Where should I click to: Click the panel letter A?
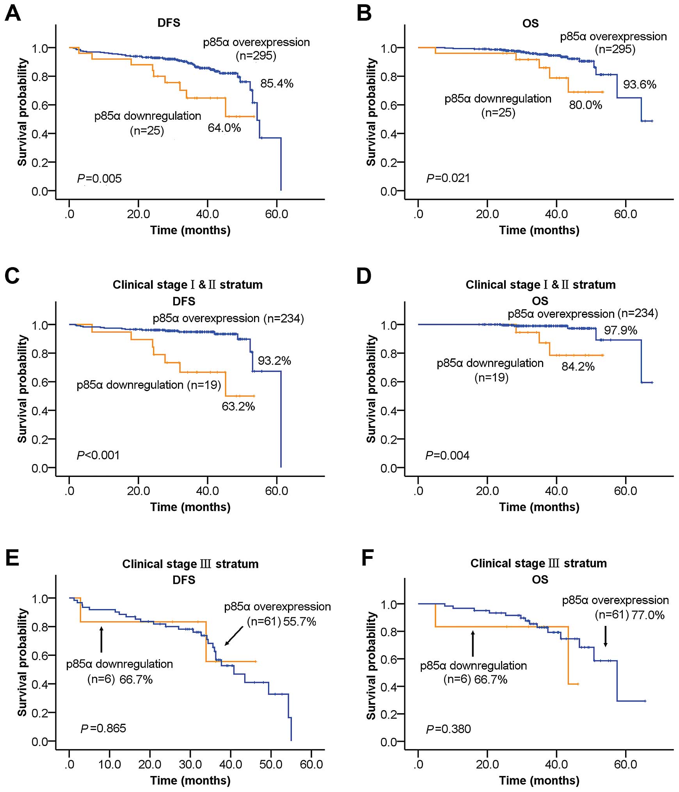(x=12, y=14)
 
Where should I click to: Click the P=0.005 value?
(x=99, y=179)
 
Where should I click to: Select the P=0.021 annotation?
(x=448, y=178)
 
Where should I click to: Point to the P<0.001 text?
(x=98, y=455)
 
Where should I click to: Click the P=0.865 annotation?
(x=103, y=728)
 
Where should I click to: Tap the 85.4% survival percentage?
(x=277, y=83)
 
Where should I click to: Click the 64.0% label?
(x=224, y=128)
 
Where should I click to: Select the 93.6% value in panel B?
(x=640, y=84)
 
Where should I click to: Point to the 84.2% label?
(x=578, y=367)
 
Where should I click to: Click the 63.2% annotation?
(x=238, y=406)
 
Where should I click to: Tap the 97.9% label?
(x=620, y=330)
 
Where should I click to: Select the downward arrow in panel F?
(x=605, y=636)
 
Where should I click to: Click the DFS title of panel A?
(x=169, y=23)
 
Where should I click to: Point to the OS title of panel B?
(x=530, y=23)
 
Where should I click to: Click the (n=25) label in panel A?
(x=147, y=131)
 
